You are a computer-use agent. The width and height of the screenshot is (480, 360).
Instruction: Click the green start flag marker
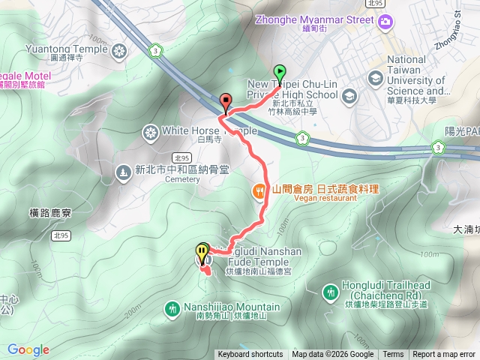tap(280, 73)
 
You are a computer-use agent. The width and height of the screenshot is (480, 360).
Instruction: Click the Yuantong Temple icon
tap(118, 51)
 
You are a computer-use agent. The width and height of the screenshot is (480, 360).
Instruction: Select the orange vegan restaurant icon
tap(259, 192)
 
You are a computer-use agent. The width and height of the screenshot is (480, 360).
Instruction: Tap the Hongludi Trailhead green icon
tap(330, 291)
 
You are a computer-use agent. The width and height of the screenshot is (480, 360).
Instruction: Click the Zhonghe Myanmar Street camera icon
tap(385, 21)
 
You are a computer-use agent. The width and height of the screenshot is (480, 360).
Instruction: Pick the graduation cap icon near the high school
tap(349, 96)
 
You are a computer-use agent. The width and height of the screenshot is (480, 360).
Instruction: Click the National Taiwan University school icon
tap(373, 78)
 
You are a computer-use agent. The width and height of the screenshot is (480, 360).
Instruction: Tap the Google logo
tap(28, 349)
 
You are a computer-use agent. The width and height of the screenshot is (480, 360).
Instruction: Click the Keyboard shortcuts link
tap(250, 355)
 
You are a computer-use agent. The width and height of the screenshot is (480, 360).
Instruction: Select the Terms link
tap(393, 355)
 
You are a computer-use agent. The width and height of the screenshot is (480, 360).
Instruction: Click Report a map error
tap(444, 355)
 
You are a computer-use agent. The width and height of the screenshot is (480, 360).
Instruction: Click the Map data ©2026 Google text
tap(332, 355)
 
